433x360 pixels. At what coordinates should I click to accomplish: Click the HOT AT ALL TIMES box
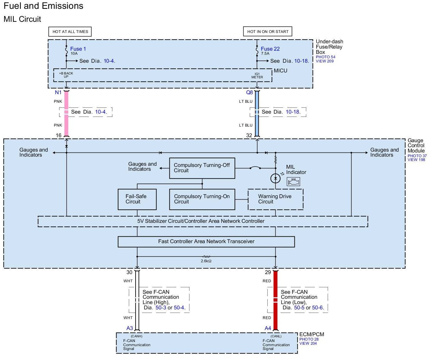(70, 31)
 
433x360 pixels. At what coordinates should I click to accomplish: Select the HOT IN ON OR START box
(268, 31)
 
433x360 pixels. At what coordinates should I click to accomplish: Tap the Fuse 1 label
(78, 49)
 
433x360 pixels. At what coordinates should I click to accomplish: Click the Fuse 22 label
(270, 49)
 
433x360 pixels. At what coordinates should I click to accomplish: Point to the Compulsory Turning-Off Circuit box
(202, 168)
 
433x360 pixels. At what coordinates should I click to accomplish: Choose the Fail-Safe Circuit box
(137, 199)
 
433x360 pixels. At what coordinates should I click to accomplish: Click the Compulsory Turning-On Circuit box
(202, 199)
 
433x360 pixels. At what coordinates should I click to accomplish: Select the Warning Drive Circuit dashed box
(276, 199)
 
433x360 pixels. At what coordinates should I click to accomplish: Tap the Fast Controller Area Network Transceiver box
(206, 242)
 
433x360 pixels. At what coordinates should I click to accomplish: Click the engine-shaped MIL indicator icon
(293, 182)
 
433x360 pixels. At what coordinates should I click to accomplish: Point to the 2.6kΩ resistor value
(206, 261)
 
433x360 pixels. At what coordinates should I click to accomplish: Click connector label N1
(58, 92)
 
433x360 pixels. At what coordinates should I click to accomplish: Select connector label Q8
(249, 92)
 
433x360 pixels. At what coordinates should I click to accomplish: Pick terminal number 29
(268, 272)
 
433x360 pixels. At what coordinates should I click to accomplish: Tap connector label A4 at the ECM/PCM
(268, 328)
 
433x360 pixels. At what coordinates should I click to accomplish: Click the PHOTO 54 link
(325, 57)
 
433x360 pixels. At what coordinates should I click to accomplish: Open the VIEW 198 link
(416, 160)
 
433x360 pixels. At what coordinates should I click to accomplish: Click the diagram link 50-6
(317, 308)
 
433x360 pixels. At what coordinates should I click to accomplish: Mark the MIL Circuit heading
(22, 19)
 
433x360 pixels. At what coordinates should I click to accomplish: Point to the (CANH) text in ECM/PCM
(136, 336)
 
